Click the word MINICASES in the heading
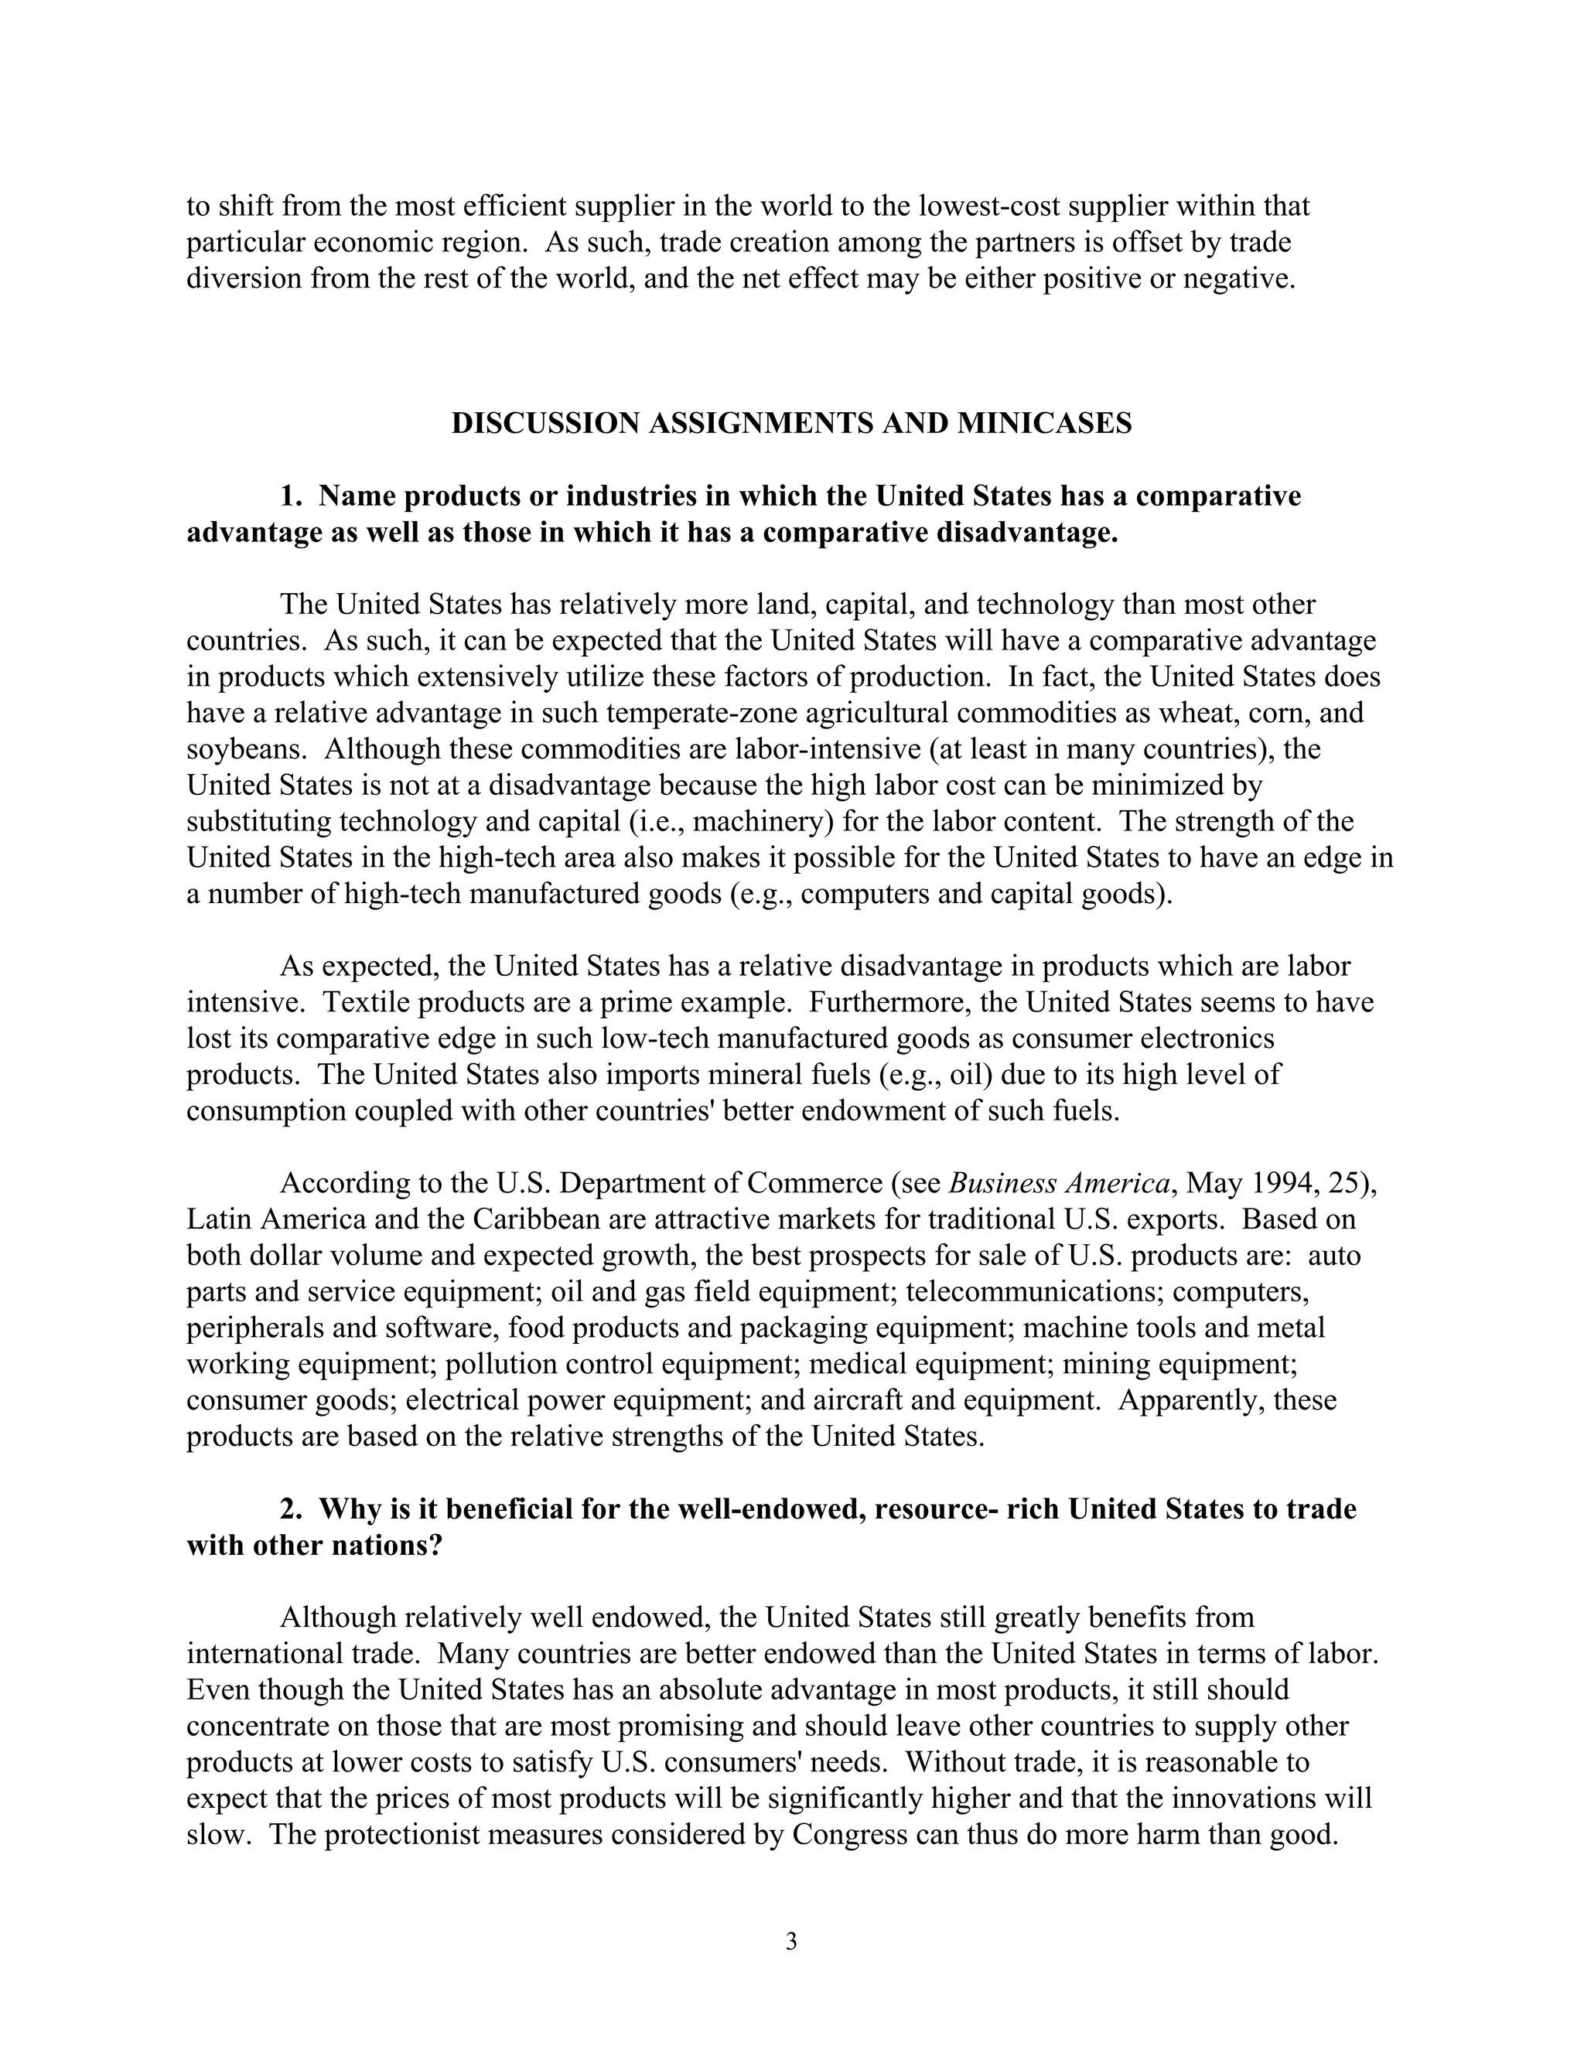pyautogui.click(x=1044, y=423)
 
